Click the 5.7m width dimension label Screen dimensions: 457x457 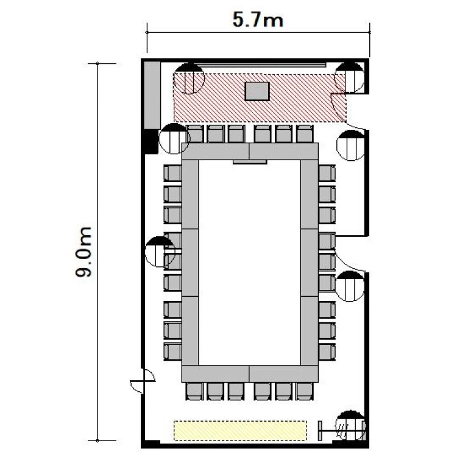258,21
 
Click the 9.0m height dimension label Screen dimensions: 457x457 83,252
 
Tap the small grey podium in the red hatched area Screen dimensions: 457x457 257,91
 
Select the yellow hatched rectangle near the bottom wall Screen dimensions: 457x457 241,430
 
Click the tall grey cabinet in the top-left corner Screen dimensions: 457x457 152,94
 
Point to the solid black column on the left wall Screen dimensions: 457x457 151,141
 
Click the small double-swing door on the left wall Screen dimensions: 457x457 143,381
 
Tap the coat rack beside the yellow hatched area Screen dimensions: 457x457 341,431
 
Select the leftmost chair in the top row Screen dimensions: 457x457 195,134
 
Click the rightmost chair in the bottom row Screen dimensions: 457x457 305,391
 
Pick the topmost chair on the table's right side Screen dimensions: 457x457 327,173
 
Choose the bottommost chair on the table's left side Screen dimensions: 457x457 172,352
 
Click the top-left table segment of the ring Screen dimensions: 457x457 215,151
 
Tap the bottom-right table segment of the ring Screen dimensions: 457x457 283,374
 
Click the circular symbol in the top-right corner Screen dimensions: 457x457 349,77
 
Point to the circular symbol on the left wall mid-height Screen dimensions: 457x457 160,252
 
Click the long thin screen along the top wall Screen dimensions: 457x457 261,65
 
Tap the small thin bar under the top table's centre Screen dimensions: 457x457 250,161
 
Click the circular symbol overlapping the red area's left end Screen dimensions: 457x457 189,79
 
